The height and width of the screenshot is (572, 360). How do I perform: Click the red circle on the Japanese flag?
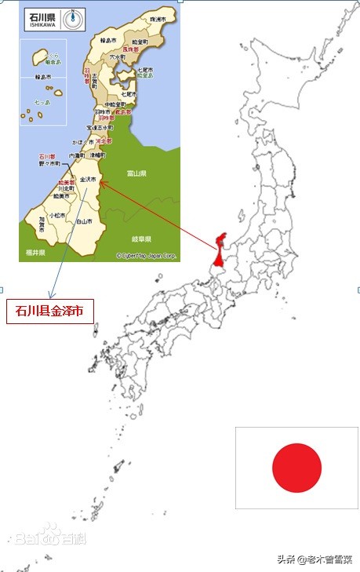point(296,468)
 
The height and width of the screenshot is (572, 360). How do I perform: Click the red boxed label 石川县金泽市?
point(49,311)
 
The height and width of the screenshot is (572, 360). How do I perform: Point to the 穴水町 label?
point(117,57)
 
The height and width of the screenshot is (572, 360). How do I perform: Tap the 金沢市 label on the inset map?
point(88,179)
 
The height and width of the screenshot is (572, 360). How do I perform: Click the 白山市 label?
point(85,222)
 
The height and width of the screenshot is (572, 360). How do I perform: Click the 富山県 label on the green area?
point(137,173)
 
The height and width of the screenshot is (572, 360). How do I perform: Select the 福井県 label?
point(35,253)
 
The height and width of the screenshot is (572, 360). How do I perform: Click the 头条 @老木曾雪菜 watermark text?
point(313,559)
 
